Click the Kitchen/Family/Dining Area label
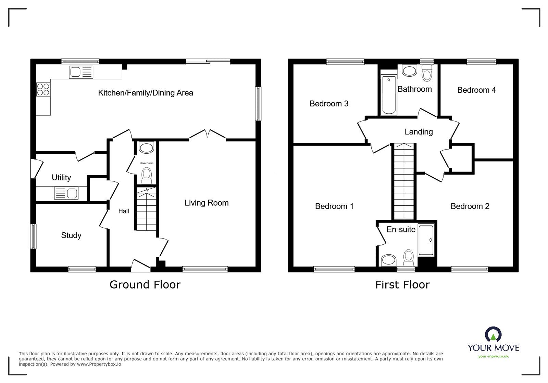(146, 93)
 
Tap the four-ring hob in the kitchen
(43, 89)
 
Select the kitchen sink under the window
(81, 72)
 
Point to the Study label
(71, 235)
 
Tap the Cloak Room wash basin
(147, 148)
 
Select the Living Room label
(207, 203)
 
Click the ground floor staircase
(147, 209)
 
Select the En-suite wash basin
(389, 259)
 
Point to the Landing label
(419, 132)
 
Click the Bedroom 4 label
(476, 90)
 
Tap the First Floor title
(402, 285)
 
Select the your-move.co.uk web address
(493, 356)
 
